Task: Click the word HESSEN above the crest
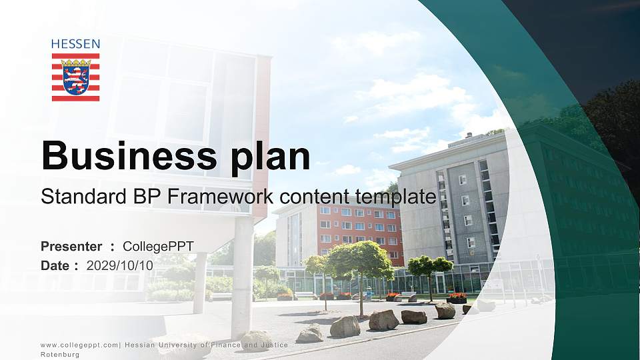tap(75, 44)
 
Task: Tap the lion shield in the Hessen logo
tap(75, 77)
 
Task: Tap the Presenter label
tap(71, 247)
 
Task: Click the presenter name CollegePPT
tap(158, 247)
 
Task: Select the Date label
tap(55, 265)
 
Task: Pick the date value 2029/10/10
tap(120, 265)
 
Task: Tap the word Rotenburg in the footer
tap(60, 355)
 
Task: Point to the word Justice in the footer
tap(273, 345)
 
